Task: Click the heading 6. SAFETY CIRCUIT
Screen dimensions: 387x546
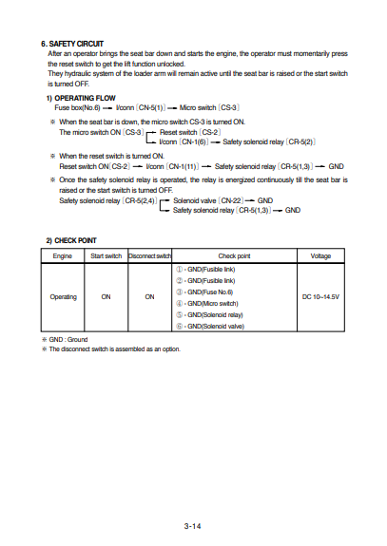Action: [x=72, y=44]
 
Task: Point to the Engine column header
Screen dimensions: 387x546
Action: [x=63, y=255]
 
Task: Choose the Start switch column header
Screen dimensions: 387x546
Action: [x=105, y=255]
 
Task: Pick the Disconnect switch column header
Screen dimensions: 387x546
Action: [x=149, y=255]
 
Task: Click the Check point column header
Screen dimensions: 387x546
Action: [x=234, y=255]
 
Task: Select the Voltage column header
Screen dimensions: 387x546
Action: [x=320, y=255]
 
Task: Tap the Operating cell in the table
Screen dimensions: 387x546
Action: [x=63, y=296]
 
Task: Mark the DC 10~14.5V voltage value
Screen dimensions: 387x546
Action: [x=320, y=296]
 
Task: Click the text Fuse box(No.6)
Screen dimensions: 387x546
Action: [x=78, y=109]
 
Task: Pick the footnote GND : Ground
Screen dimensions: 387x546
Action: [x=67, y=339]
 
